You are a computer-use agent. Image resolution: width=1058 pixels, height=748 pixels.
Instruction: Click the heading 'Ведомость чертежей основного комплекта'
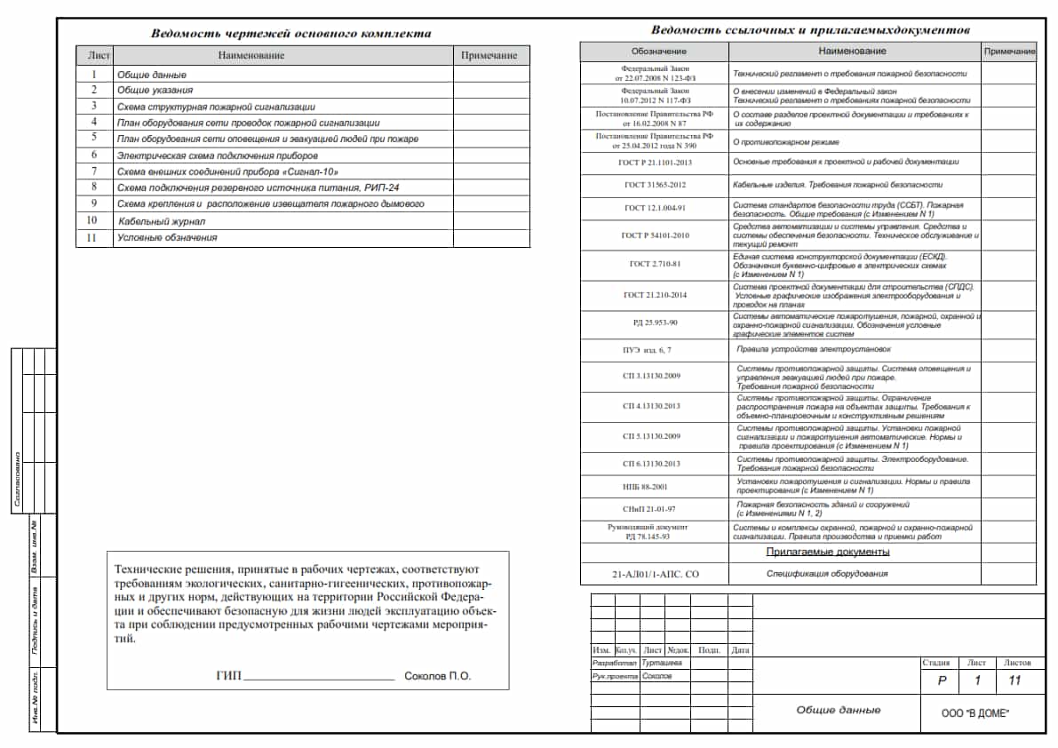click(290, 34)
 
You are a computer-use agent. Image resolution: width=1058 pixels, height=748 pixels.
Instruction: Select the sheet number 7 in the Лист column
click(93, 171)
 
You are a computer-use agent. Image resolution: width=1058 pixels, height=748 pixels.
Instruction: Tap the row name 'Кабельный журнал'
click(162, 220)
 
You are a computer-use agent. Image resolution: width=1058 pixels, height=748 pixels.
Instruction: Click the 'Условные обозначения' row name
click(167, 237)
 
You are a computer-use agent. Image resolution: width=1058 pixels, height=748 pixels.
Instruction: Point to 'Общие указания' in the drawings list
click(155, 90)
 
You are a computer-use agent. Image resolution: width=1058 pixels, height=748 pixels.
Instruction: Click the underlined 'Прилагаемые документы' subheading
click(828, 552)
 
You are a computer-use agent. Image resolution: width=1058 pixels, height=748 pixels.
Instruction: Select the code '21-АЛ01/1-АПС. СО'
click(655, 575)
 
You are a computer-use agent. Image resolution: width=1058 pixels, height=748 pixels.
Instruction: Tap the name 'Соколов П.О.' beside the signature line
click(437, 676)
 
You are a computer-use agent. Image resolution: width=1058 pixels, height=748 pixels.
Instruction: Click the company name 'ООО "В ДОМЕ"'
click(976, 714)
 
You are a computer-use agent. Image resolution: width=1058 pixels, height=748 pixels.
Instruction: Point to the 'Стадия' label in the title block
click(935, 663)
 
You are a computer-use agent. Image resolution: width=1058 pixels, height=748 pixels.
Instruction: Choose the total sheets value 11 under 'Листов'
click(1014, 681)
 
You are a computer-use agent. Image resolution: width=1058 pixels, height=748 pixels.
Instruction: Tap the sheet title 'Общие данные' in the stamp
click(838, 710)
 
